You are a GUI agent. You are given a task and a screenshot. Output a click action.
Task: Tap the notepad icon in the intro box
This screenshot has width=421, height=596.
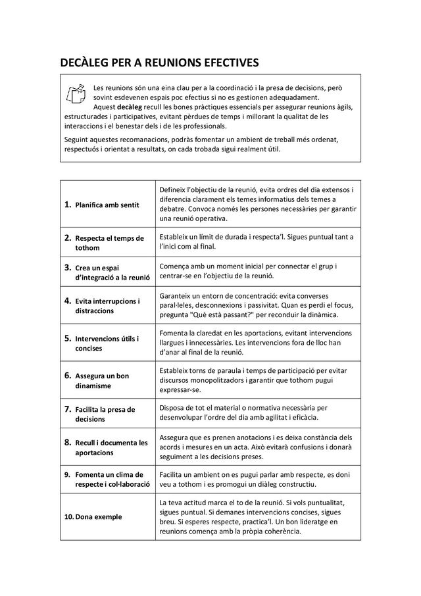(x=76, y=94)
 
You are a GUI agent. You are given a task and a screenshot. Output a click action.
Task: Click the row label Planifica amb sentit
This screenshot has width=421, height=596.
(x=107, y=205)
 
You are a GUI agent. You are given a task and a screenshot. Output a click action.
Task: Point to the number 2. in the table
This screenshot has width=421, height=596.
(x=68, y=237)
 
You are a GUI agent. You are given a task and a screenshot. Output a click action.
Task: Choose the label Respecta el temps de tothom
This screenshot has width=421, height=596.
(x=110, y=243)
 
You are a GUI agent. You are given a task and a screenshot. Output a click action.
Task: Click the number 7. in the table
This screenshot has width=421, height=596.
(x=68, y=409)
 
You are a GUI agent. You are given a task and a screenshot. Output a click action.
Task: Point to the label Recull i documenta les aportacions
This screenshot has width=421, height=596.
(x=111, y=448)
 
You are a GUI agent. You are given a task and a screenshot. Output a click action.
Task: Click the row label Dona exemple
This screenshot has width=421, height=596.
(x=99, y=517)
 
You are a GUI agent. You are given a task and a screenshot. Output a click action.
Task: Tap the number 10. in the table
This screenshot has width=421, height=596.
(x=68, y=517)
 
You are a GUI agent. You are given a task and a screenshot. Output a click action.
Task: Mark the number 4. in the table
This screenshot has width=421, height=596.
(x=68, y=301)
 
